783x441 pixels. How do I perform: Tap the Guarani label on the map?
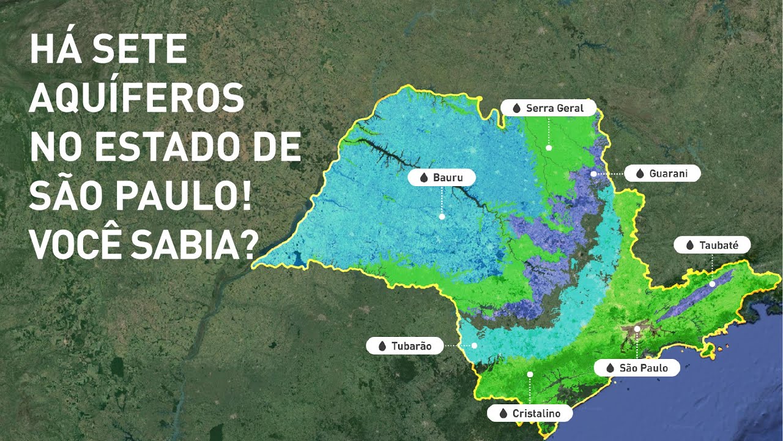[x=662, y=174]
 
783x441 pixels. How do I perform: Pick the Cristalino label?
[x=530, y=413]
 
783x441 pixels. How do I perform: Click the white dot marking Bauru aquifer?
[x=442, y=216]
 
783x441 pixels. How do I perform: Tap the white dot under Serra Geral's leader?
[x=549, y=148]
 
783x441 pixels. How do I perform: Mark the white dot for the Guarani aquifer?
[x=593, y=174]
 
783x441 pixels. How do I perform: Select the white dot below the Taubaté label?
[x=712, y=284]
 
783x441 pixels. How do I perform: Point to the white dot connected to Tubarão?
[x=474, y=346]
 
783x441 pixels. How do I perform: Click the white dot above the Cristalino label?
[x=530, y=374]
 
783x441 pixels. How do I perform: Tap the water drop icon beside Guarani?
[x=639, y=174]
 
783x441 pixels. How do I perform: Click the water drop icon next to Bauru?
[x=424, y=178]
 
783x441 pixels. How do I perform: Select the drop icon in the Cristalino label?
[x=503, y=413]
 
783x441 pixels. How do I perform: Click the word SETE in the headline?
[x=143, y=50]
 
